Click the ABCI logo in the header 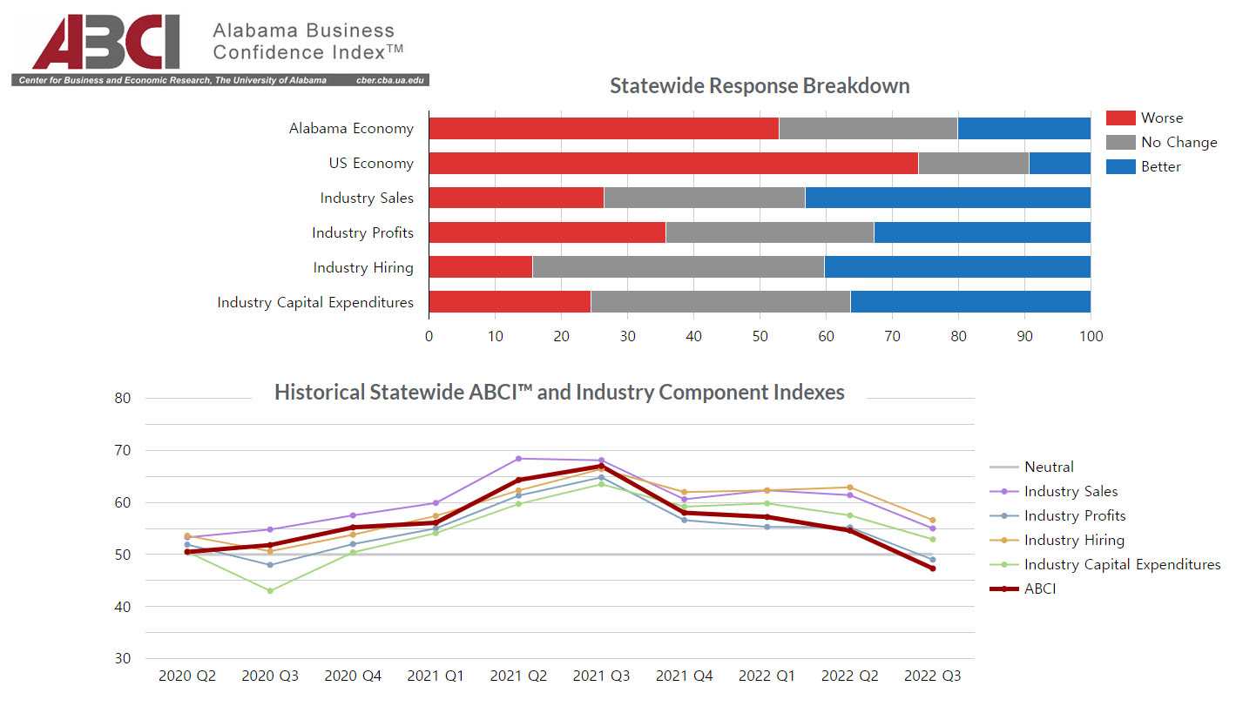tap(106, 42)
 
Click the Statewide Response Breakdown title tap(760, 86)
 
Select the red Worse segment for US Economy tap(673, 163)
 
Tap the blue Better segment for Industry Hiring tap(957, 267)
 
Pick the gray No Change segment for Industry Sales tap(704, 198)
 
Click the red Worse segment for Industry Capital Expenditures tap(510, 302)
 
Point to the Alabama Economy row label tap(351, 129)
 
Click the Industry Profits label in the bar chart tap(362, 233)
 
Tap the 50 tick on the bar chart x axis tap(760, 336)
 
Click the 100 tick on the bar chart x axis tap(1091, 336)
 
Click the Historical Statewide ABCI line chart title tap(559, 392)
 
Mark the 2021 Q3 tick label tap(601, 676)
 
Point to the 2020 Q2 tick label tap(187, 676)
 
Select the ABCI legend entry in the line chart tap(1040, 589)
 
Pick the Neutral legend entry tap(1049, 467)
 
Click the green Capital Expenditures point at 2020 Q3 tap(270, 590)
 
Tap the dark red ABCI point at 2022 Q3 tap(932, 568)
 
